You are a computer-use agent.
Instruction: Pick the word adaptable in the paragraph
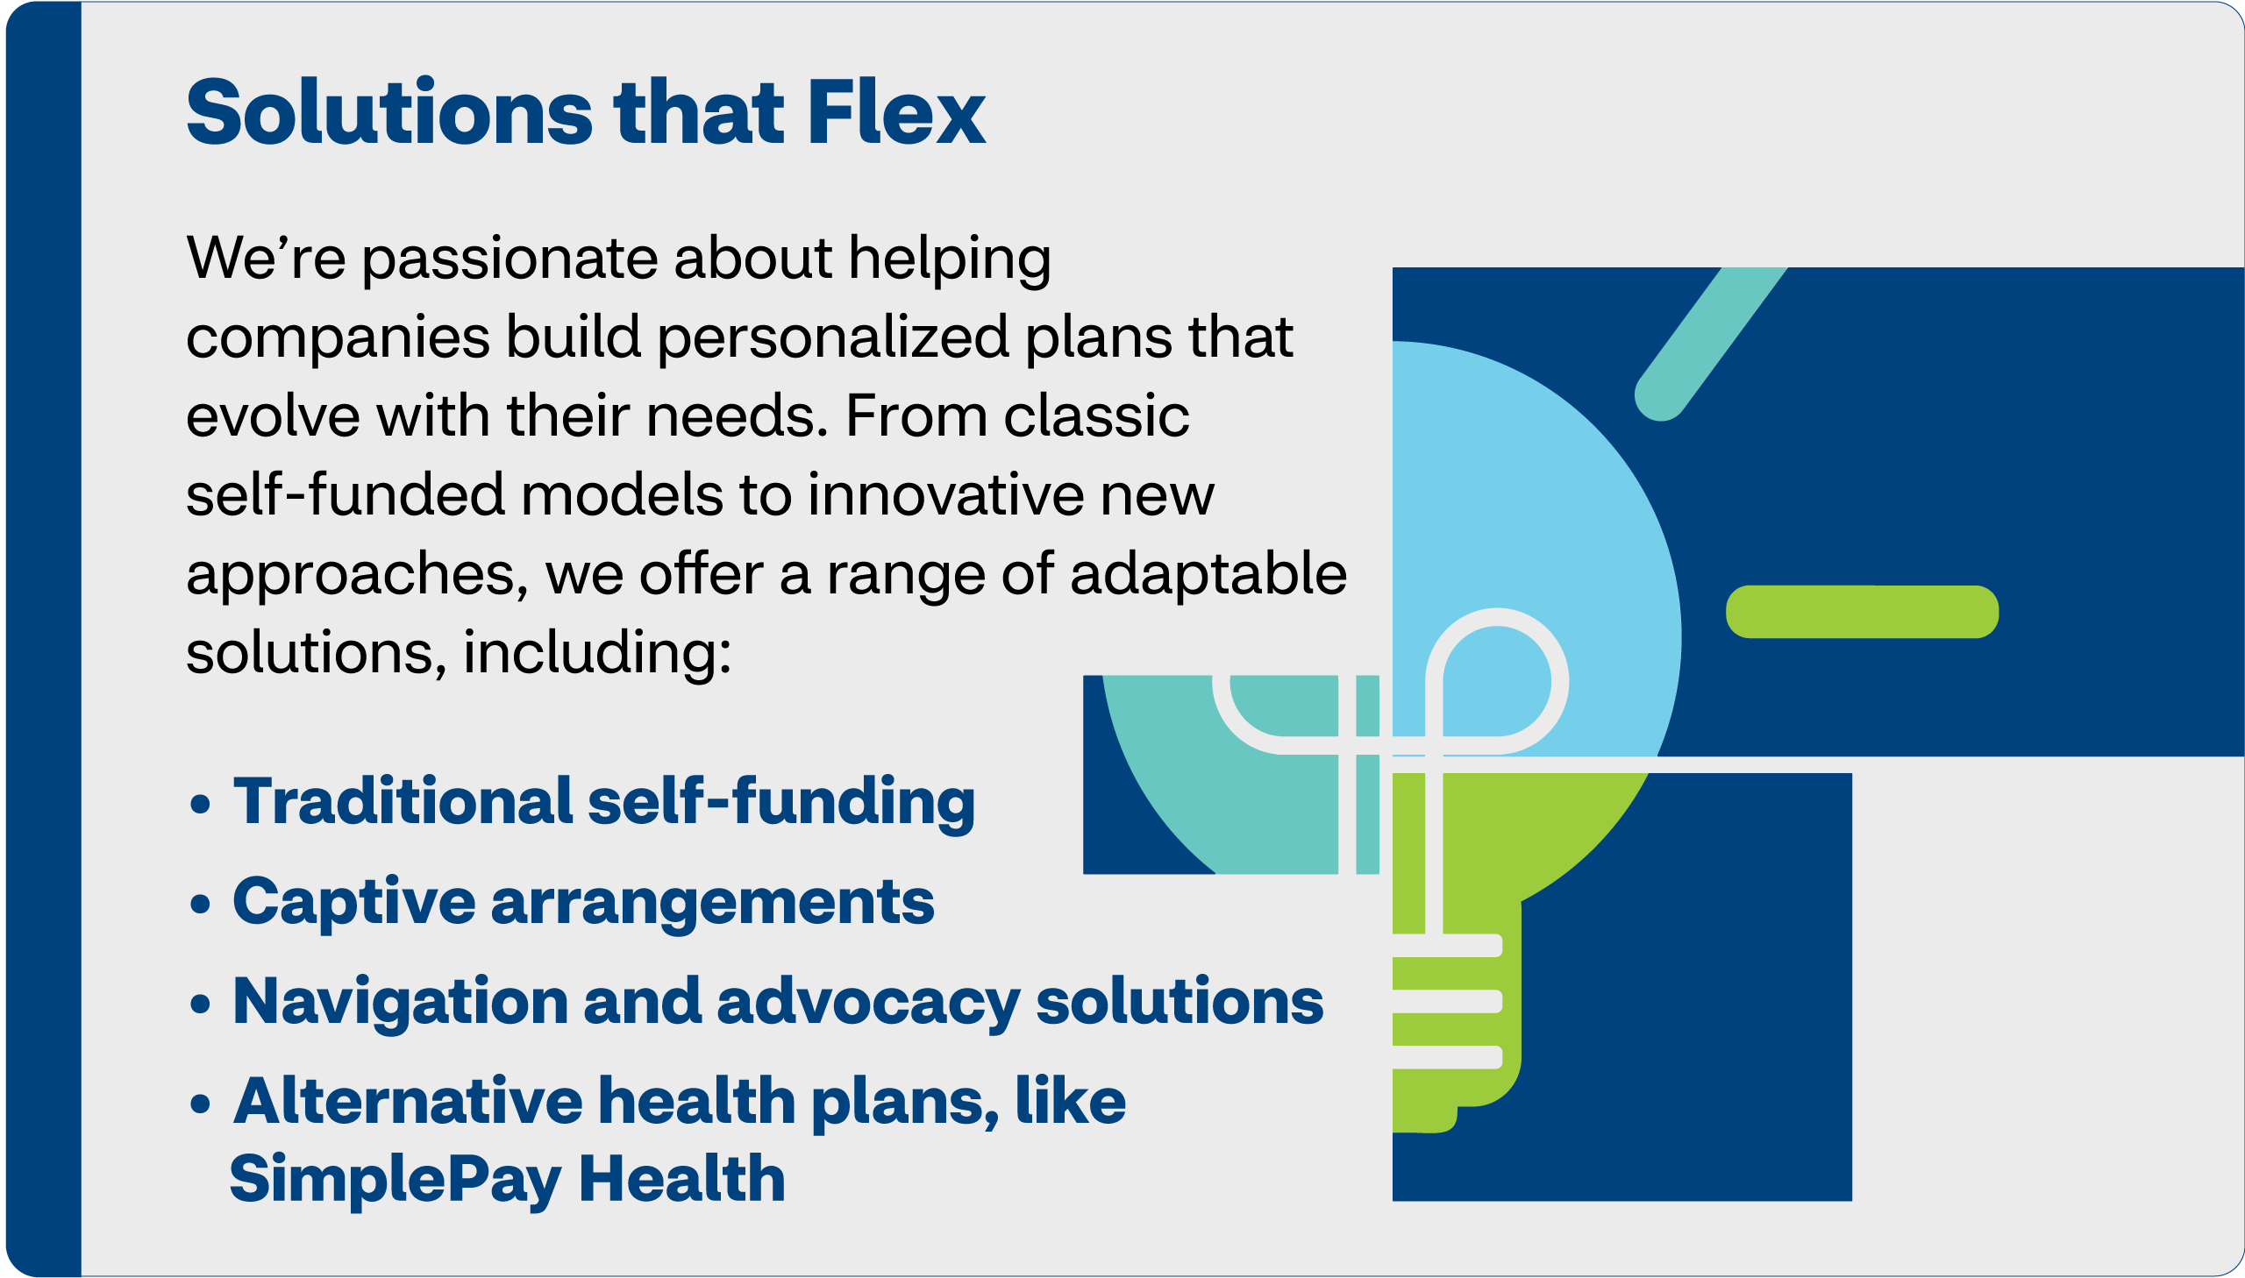point(1208,575)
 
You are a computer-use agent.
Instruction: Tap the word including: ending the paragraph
point(597,654)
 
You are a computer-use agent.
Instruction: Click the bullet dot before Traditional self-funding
point(200,804)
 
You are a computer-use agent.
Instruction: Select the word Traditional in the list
point(403,801)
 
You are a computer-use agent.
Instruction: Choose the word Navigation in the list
point(401,1004)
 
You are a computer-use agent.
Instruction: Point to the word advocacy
point(868,1004)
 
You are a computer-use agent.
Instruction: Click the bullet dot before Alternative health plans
point(200,1104)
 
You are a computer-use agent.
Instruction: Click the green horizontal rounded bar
point(1862,612)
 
